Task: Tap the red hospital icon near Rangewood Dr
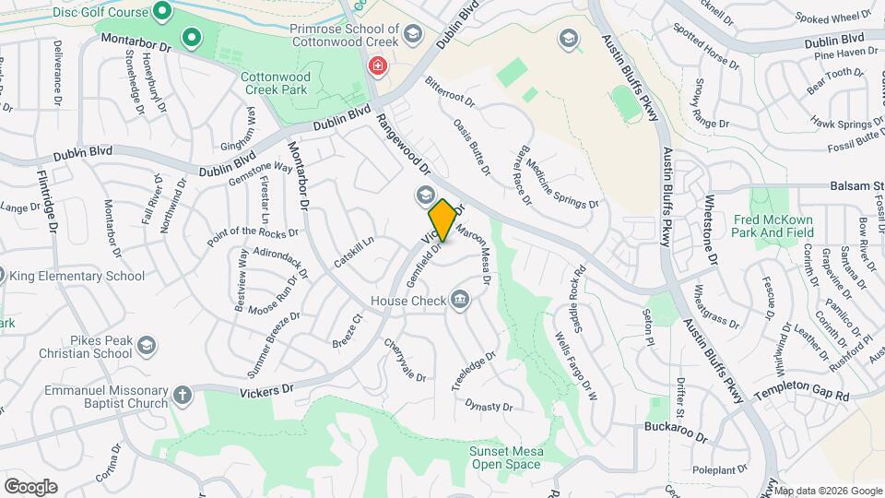(376, 65)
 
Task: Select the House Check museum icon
(459, 300)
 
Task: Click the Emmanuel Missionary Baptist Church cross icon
(183, 395)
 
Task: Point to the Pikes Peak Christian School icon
(146, 345)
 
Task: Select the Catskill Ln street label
(355, 251)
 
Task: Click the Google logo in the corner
(30, 486)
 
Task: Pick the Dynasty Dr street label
(489, 405)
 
